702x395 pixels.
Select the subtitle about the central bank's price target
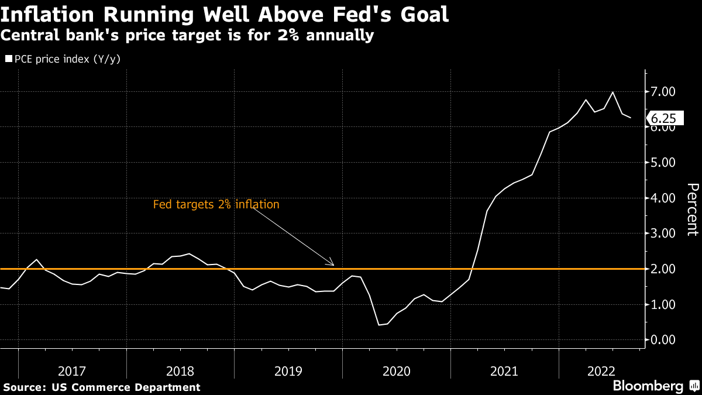(x=187, y=36)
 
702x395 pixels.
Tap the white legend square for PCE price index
(x=8, y=59)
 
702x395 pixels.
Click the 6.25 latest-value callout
(x=665, y=118)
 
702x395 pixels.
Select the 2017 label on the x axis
(x=73, y=370)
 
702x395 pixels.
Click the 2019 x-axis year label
(x=288, y=370)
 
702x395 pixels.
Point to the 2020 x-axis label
(x=397, y=370)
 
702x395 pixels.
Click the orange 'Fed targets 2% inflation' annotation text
(x=216, y=205)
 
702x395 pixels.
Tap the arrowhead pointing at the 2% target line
(x=332, y=265)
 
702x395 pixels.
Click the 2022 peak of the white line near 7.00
(x=612, y=92)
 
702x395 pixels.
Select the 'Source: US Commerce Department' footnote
(x=102, y=387)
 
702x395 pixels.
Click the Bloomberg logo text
(x=648, y=386)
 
